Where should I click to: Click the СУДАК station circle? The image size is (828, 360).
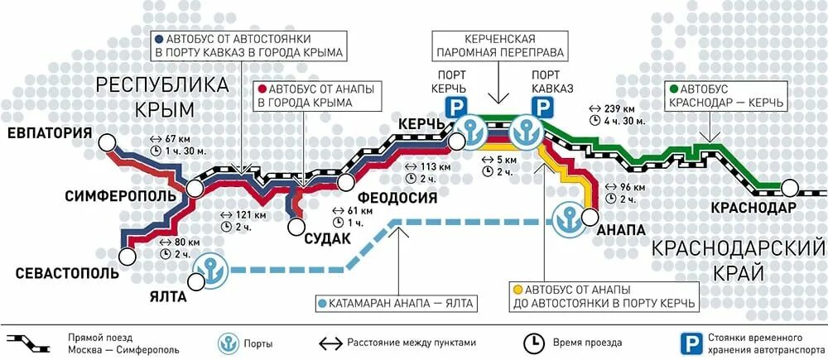[296, 225]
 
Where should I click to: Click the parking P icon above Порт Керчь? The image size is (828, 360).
[455, 106]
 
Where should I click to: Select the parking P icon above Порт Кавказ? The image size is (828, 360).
[542, 106]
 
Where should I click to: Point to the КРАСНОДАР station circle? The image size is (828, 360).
[792, 188]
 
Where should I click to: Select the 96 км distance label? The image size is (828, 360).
[628, 187]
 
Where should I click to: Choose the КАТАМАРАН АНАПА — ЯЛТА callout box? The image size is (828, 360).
[397, 303]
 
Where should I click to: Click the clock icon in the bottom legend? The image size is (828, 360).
[532, 341]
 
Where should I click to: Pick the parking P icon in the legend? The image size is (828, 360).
[686, 341]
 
